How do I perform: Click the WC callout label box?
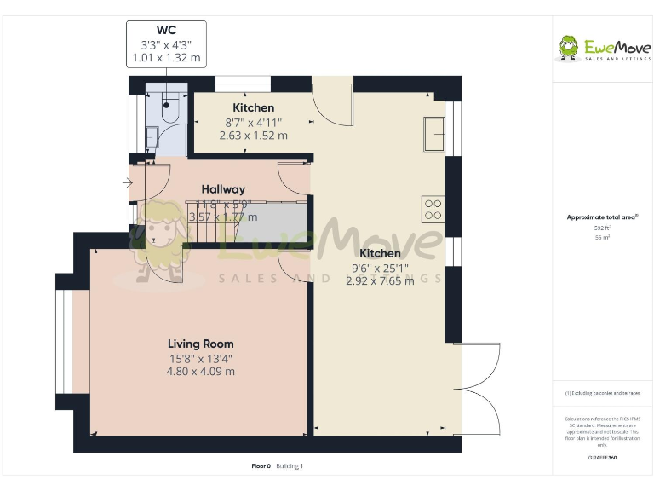(x=166, y=44)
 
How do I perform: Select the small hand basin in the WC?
(x=151, y=136)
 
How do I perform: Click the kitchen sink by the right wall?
(x=433, y=132)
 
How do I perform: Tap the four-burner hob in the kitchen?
(x=433, y=209)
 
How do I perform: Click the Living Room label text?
(x=201, y=344)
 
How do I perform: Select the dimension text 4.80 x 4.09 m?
(x=201, y=371)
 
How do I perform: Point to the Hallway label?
(x=223, y=189)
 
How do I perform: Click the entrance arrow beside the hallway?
(x=128, y=182)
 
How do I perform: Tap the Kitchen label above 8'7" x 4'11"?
(x=254, y=107)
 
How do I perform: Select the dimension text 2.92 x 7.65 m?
(x=380, y=281)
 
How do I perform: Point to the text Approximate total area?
(x=602, y=217)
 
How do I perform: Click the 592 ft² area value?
(x=602, y=228)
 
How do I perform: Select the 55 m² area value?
(x=602, y=238)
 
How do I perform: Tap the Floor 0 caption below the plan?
(x=261, y=466)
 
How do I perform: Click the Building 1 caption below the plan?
(x=290, y=466)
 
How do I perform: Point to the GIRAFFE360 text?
(x=602, y=458)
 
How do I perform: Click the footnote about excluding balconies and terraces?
(x=602, y=393)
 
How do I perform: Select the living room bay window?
(x=65, y=342)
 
